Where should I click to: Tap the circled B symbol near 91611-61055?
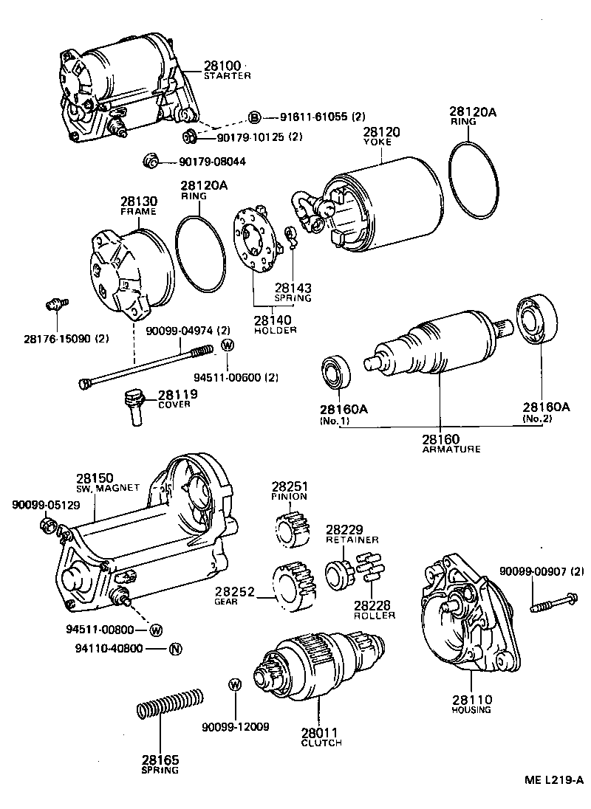254,117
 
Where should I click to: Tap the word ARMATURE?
441,449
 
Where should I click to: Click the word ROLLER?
374,615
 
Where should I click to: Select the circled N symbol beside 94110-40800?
175,650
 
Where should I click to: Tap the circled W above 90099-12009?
234,684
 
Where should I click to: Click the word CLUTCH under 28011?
321,743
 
